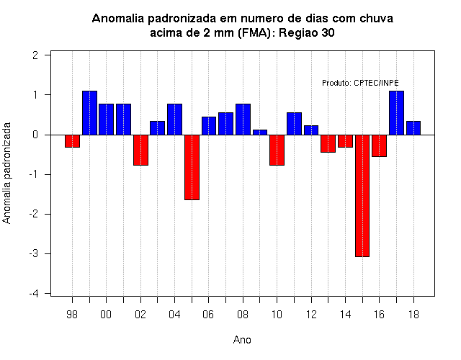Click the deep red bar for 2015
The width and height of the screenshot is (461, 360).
(362, 196)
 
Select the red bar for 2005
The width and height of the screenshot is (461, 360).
(192, 167)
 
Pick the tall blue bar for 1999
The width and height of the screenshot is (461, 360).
(89, 113)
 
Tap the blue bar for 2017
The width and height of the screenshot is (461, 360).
(396, 113)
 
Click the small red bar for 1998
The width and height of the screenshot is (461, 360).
(72, 141)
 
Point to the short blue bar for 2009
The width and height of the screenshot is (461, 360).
(260, 132)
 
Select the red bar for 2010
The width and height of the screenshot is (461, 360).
(277, 150)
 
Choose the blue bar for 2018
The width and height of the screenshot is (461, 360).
(413, 128)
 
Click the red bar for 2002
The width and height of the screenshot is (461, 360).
(140, 150)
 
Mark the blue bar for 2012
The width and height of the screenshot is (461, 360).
(311, 130)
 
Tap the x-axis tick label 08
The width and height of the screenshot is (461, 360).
(243, 315)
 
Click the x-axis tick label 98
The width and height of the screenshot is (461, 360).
(72, 315)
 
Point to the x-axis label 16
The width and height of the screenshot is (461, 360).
(379, 315)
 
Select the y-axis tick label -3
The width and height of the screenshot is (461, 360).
(34, 253)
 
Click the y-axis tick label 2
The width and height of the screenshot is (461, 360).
(35, 55)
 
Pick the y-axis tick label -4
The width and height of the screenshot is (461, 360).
(34, 293)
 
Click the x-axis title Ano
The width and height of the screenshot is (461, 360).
(242, 340)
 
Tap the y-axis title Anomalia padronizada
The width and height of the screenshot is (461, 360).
(6, 173)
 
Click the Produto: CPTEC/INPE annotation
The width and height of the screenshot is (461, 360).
(360, 83)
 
